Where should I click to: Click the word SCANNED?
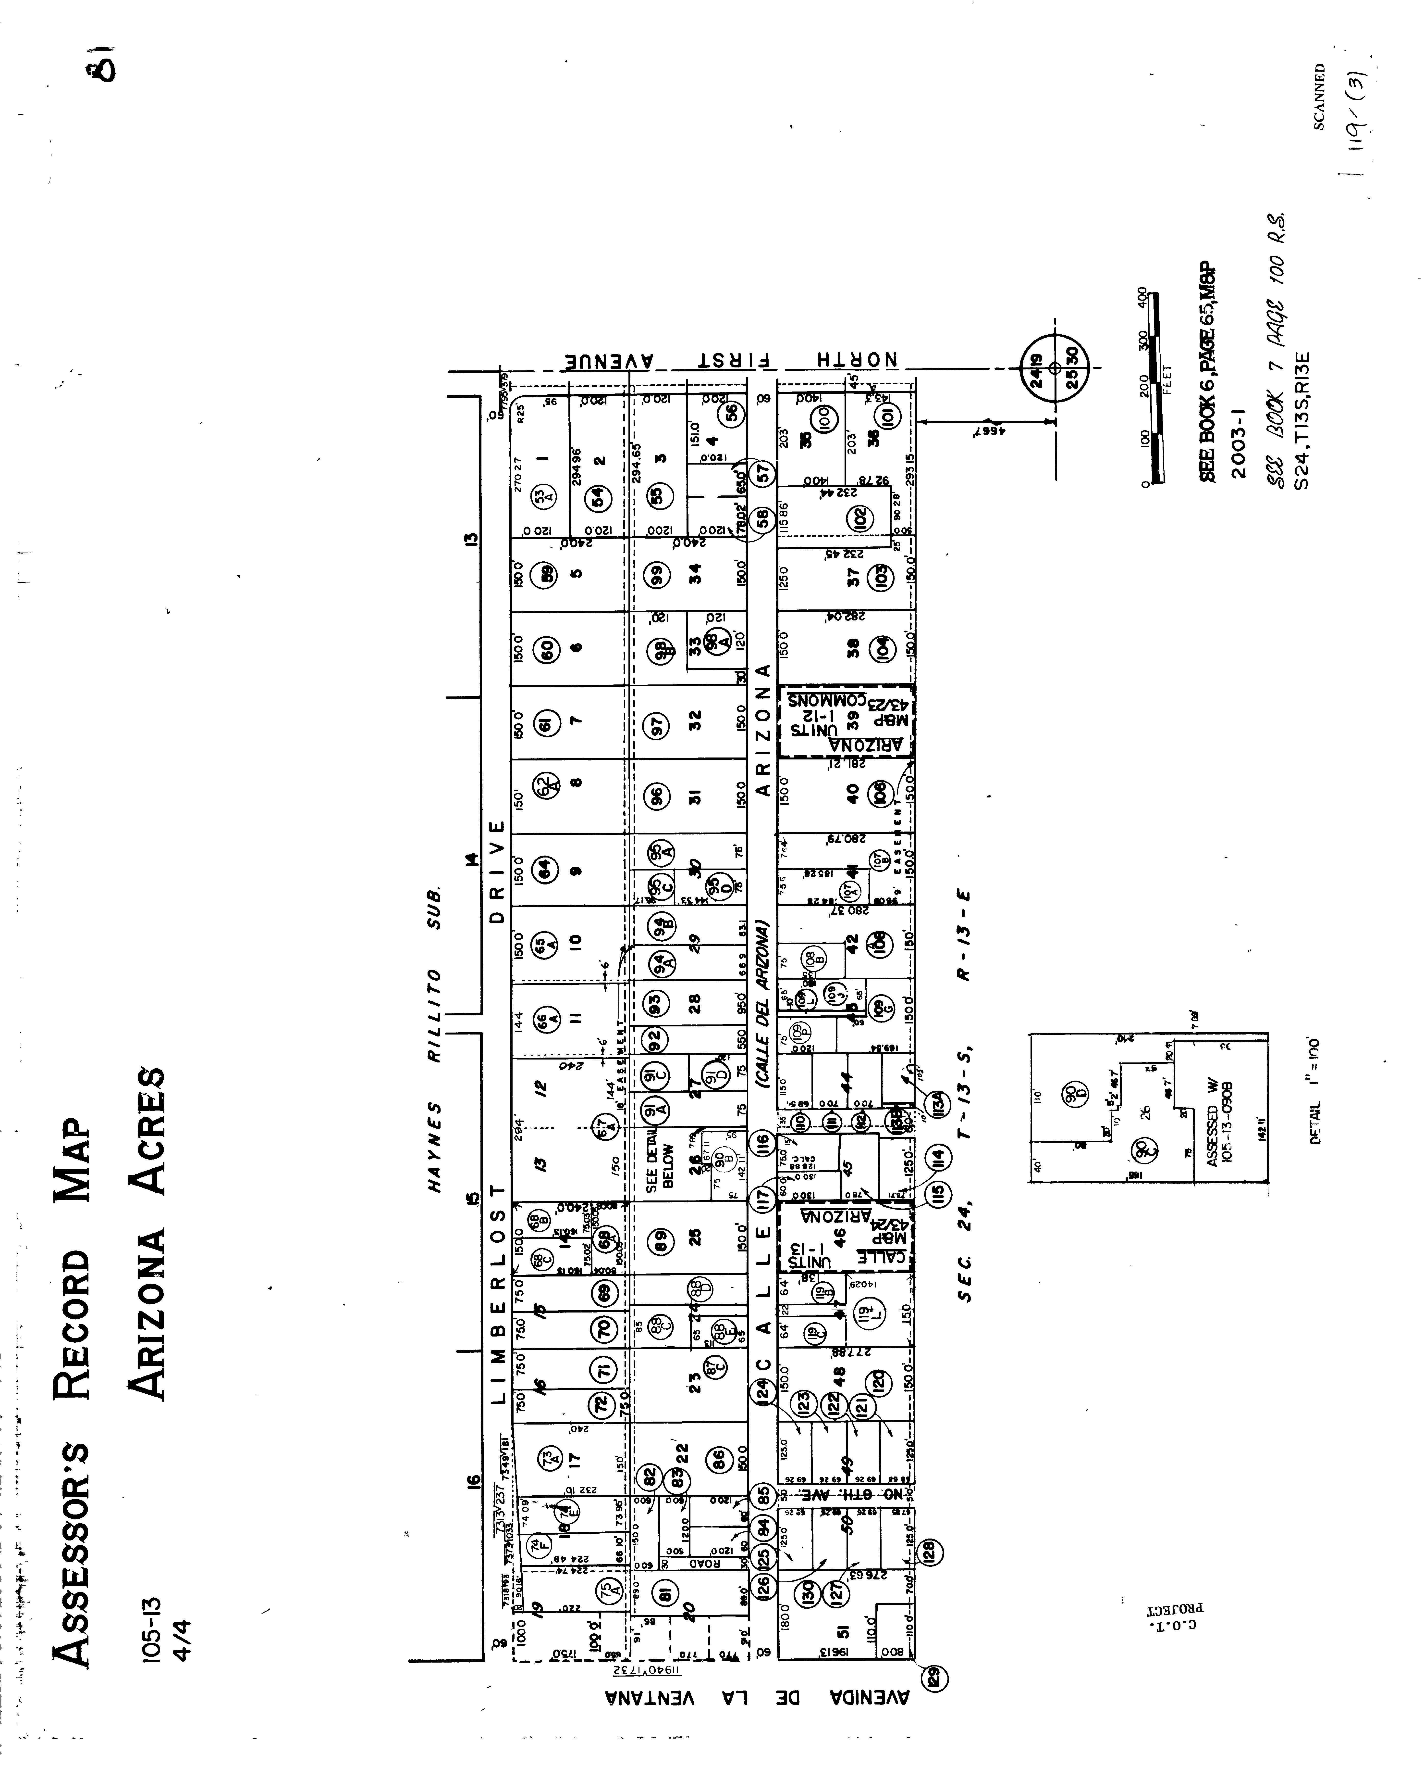pyautogui.click(x=1319, y=97)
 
